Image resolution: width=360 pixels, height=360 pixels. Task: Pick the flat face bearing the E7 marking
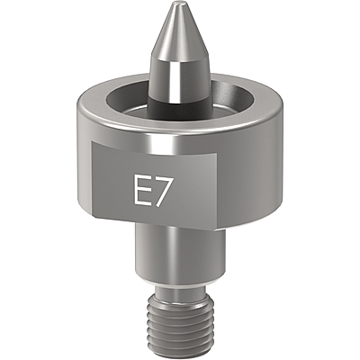coord(154,184)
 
